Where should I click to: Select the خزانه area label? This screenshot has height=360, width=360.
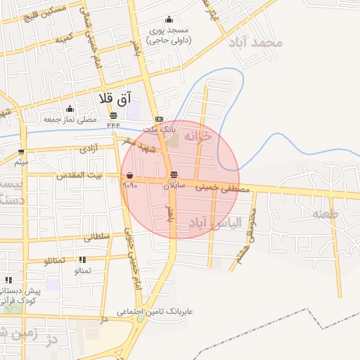198,137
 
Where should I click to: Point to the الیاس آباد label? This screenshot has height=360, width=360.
214,223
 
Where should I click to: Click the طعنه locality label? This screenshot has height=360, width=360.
326,213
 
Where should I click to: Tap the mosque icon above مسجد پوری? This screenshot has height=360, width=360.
169,20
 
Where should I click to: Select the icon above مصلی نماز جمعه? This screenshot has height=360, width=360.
70,108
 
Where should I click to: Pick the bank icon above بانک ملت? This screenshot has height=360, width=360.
160,119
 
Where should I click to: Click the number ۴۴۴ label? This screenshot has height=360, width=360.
114,125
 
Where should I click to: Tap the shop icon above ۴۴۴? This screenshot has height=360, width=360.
114,115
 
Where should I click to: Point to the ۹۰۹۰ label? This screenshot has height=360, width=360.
129,186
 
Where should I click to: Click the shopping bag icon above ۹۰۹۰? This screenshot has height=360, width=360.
129,176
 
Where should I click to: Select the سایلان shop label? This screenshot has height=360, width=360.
174,186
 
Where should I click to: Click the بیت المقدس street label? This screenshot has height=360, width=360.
79,174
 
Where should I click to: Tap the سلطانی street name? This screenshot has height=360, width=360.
98,238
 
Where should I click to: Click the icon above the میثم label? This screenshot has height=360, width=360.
21,152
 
